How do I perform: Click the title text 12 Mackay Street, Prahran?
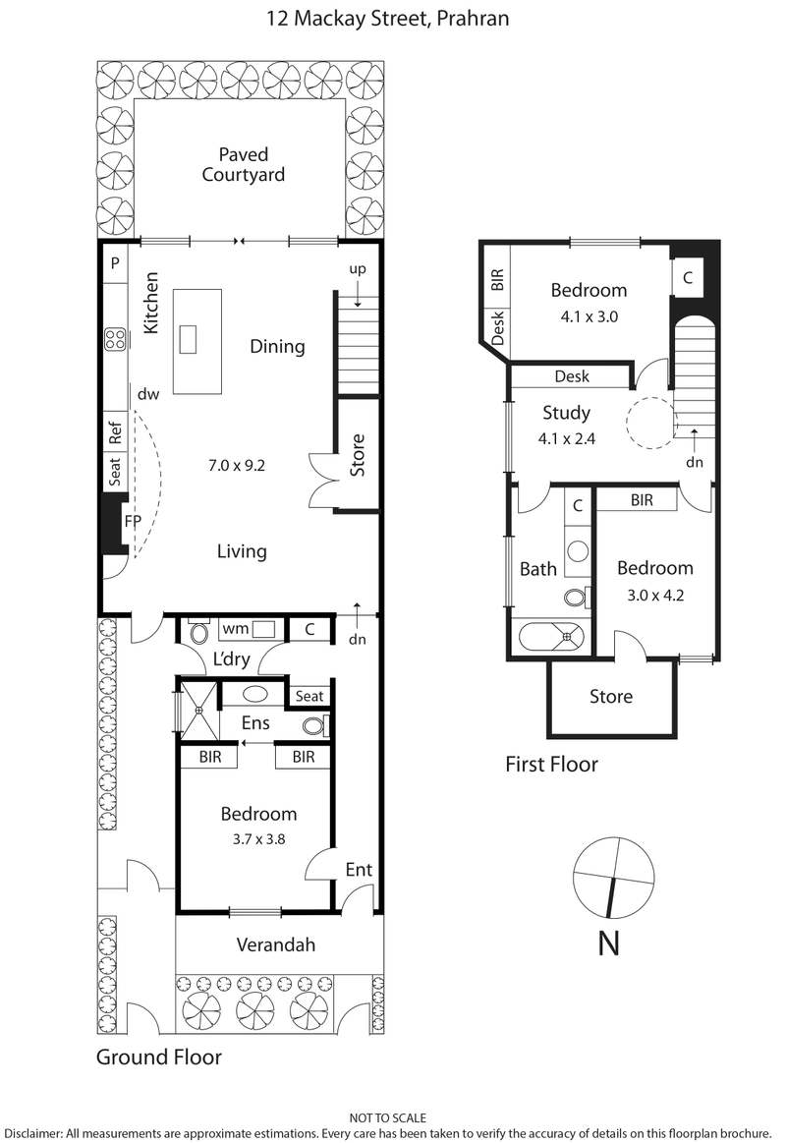392,19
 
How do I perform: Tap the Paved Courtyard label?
243,165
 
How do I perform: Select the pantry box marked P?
115,262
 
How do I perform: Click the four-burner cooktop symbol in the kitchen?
115,339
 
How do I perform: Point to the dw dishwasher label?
148,394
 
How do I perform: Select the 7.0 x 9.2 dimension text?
236,464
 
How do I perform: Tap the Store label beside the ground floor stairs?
358,455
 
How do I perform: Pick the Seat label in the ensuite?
309,696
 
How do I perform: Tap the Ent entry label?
358,870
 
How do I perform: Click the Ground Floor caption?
158,1057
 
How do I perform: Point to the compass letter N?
609,943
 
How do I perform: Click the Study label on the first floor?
566,412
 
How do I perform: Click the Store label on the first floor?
611,697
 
